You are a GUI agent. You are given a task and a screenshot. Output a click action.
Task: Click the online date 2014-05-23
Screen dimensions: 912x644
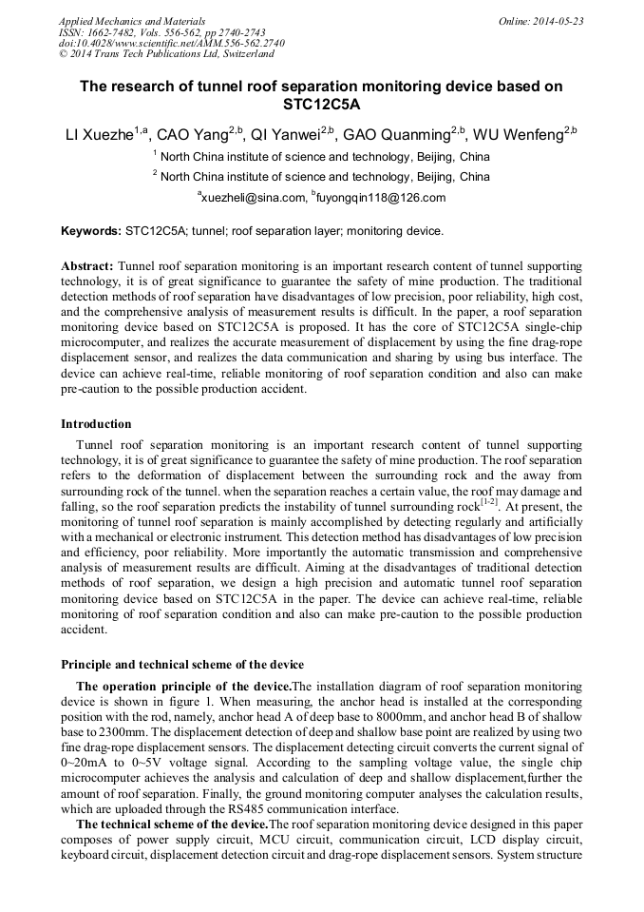point(558,20)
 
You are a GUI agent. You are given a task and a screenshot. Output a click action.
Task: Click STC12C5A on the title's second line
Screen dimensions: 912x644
point(321,105)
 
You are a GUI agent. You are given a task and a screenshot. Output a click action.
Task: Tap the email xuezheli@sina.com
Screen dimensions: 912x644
point(252,198)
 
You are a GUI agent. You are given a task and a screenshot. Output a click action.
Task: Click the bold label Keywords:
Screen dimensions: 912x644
point(90,231)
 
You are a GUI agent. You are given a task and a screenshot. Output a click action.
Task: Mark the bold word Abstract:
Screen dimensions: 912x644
point(87,265)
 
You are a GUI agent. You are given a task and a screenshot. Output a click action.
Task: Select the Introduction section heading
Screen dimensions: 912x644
point(96,424)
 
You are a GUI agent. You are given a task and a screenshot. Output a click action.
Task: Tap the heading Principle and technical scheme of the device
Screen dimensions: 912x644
point(182,664)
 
